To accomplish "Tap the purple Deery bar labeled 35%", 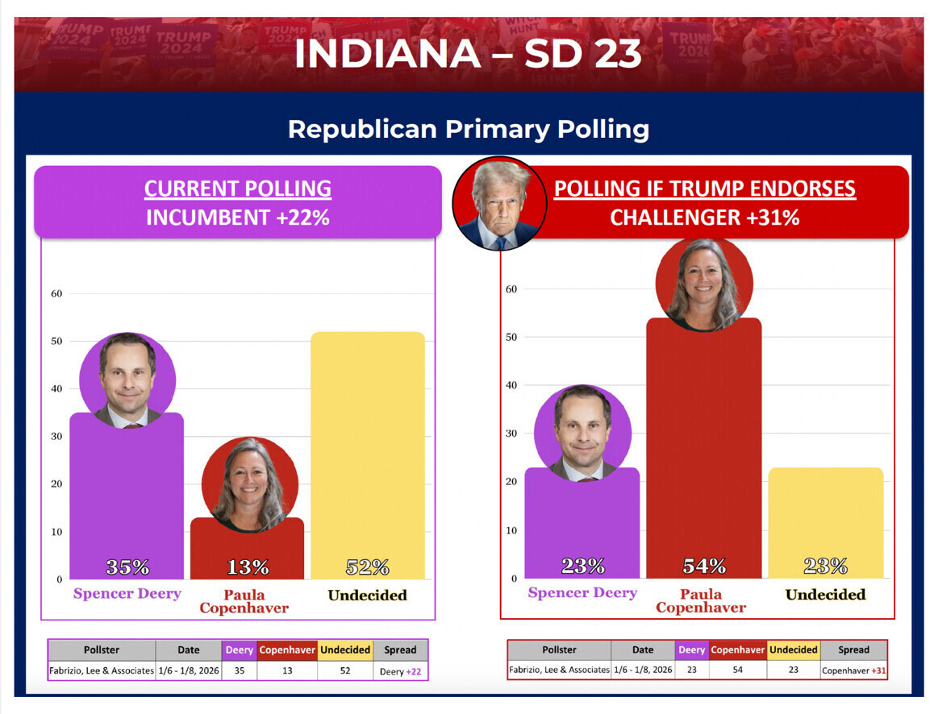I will [127, 500].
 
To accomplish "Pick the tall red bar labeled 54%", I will [703, 451].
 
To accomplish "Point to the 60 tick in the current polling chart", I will [56, 293].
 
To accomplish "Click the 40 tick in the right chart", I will [511, 385].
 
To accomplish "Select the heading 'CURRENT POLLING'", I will [237, 189].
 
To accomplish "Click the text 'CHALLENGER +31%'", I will [704, 218].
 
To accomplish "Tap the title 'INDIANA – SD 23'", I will [468, 54].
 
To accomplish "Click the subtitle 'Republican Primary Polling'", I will [468, 129].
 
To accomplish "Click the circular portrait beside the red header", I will [500, 203].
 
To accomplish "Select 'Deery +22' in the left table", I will [400, 670].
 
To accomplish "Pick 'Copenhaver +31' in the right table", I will [853, 670].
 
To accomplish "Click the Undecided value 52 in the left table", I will [345, 670].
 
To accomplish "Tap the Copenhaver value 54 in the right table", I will [737, 670].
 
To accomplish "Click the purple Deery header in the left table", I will [240, 650].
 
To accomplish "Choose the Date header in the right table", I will [643, 650].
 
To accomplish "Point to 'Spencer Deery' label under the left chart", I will [127, 594].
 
